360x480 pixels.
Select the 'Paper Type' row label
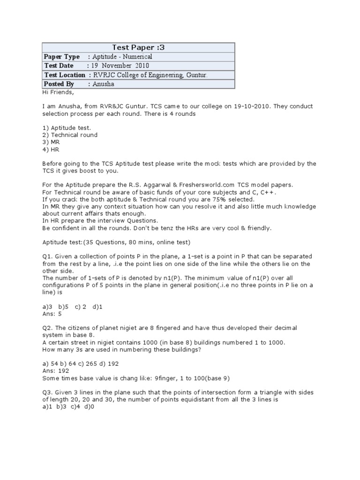pyautogui.click(x=61, y=57)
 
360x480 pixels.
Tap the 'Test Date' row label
pyautogui.click(x=59, y=66)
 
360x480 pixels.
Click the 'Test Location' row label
pyautogui.click(x=65, y=75)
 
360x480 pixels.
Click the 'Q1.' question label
pyautogui.click(x=48, y=256)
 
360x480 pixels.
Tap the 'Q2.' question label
pyautogui.click(x=48, y=328)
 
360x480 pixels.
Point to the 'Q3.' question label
pyautogui.click(x=48, y=392)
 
